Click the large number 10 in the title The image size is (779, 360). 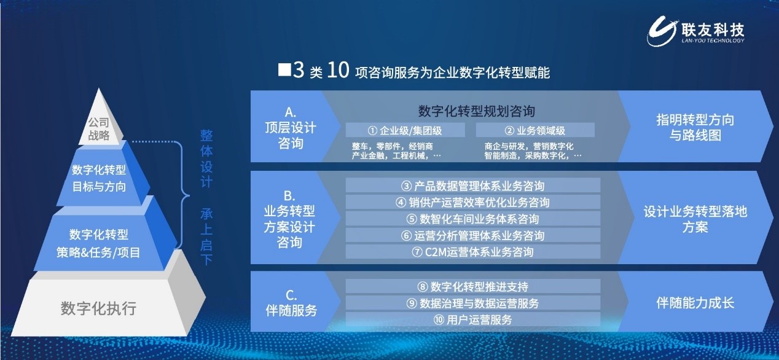point(338,71)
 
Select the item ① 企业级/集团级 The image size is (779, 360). point(405,130)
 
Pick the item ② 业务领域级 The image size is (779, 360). point(534,130)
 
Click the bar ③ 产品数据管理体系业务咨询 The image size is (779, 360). point(472,186)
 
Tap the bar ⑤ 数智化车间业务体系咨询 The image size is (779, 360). point(472,219)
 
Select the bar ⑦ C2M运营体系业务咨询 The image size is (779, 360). point(472,252)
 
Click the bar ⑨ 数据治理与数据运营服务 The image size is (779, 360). point(472,303)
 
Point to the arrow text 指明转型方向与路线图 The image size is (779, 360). point(695,128)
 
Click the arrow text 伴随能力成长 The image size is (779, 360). point(695,303)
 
